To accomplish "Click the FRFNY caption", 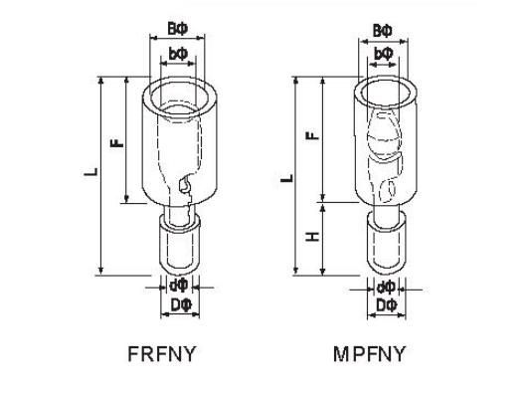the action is (x=162, y=354).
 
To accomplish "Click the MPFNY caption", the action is (x=369, y=354).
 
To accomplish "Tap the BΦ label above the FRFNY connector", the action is (x=177, y=29).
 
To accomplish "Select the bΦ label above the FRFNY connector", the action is (x=177, y=54).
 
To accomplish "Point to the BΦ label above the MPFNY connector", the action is (x=383, y=31).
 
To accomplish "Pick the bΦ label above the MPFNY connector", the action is (x=384, y=54).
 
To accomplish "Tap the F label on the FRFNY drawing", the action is (x=117, y=143).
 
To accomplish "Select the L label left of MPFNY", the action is (x=287, y=178).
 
